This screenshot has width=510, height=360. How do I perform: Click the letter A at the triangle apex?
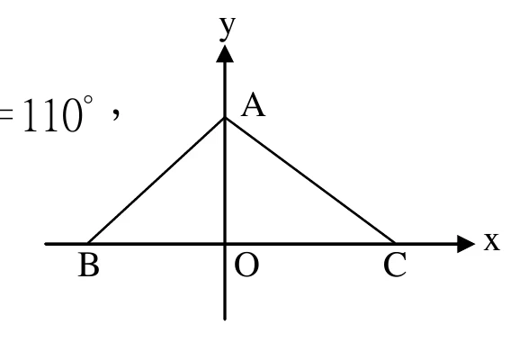(253, 104)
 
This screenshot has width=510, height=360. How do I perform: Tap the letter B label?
(88, 265)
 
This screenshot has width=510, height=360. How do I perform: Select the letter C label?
(395, 265)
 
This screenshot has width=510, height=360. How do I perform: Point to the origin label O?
(246, 265)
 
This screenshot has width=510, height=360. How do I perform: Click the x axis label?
(491, 242)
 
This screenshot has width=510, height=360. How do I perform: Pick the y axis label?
(228, 29)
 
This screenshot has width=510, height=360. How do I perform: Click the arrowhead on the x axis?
(466, 244)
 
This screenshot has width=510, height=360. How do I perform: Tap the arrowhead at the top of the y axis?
(225, 54)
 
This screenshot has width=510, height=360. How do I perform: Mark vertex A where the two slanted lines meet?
(225, 118)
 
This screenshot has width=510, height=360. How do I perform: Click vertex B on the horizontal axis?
(88, 244)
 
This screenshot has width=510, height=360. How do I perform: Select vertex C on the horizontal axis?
(395, 244)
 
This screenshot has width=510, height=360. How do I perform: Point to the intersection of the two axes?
(225, 244)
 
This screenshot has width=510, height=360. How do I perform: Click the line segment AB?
(157, 181)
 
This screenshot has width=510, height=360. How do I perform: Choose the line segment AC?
(310, 181)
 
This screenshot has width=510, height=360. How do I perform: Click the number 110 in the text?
(53, 115)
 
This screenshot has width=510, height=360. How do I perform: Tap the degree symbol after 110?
(88, 100)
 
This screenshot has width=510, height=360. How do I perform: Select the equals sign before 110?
(6, 115)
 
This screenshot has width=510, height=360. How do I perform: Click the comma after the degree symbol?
(116, 114)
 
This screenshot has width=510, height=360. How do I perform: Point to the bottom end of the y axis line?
(225, 319)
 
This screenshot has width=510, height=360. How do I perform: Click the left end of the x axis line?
(46, 244)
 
